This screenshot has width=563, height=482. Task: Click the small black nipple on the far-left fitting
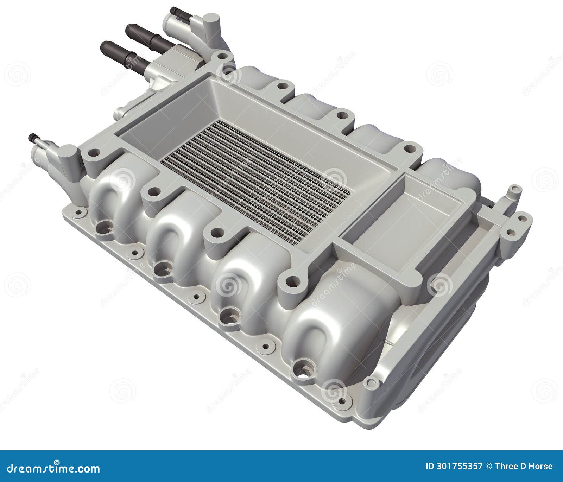click(32, 137)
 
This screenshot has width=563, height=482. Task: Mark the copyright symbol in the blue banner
click(488, 467)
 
